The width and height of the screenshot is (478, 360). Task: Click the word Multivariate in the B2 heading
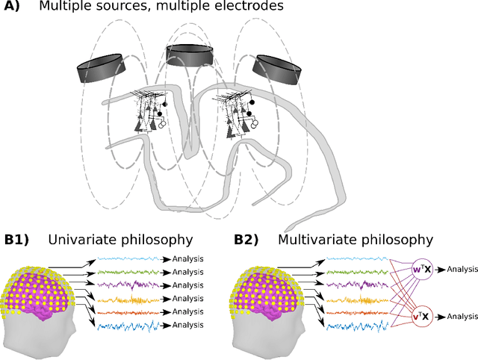[x=314, y=240]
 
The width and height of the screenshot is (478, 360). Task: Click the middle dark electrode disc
[x=189, y=55]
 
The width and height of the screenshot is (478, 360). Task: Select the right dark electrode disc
[x=276, y=69]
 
